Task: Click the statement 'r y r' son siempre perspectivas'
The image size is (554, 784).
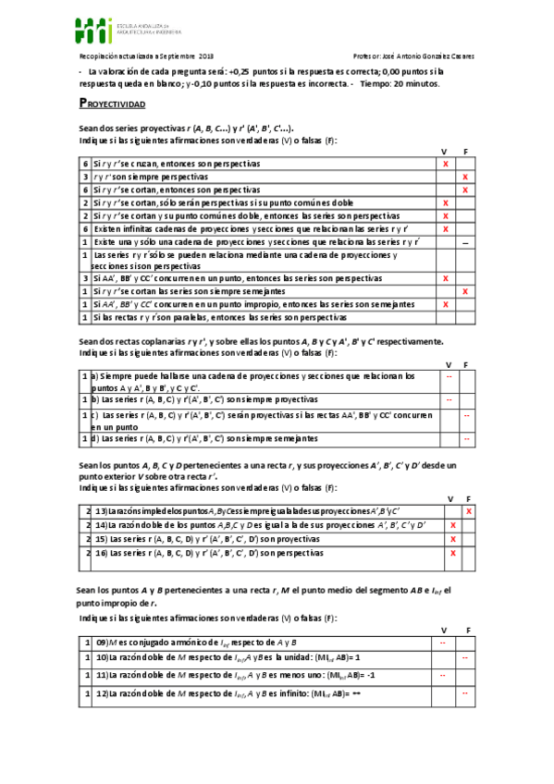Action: [x=149, y=176]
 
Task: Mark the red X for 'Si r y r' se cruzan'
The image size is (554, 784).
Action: [x=446, y=164]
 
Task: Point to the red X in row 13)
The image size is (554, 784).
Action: [x=469, y=510]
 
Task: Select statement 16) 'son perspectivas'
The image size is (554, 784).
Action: [x=210, y=553]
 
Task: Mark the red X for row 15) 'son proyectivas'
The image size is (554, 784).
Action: [x=453, y=538]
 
